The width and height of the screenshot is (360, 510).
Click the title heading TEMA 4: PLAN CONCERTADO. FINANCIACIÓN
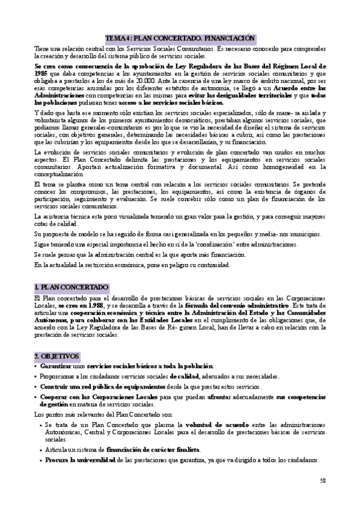click(180, 37)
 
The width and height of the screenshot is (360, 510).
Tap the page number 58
click(322, 481)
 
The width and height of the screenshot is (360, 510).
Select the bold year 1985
click(41, 72)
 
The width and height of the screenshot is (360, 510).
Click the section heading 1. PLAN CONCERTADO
click(71, 287)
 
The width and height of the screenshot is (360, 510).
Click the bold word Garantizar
click(57, 366)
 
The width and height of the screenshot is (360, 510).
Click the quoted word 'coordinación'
click(207, 244)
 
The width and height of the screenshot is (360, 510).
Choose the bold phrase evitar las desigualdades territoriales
click(230, 95)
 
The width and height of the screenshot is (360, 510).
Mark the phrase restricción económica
click(107, 265)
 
